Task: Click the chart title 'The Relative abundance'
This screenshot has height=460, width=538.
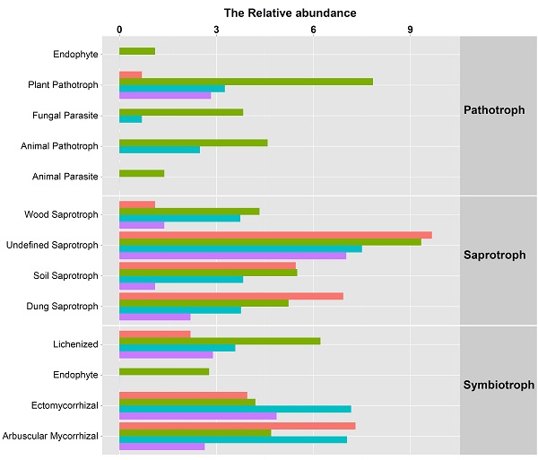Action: tap(290, 13)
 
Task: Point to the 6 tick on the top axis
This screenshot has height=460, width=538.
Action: tap(313, 29)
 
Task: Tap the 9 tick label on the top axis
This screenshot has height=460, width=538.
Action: tap(410, 29)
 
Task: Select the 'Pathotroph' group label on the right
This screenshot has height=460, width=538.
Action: tap(496, 110)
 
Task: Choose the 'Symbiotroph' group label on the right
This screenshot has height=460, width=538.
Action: tap(499, 386)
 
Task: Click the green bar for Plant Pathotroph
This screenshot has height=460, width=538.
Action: tap(246, 82)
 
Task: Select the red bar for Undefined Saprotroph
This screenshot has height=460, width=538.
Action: tap(275, 235)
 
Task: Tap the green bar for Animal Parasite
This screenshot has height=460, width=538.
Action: tap(142, 173)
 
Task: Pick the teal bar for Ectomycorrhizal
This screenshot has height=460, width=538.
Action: tap(235, 409)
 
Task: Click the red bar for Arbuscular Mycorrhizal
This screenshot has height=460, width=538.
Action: tap(237, 426)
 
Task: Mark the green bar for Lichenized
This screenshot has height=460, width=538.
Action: tap(220, 341)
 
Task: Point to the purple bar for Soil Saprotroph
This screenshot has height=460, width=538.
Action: tap(137, 286)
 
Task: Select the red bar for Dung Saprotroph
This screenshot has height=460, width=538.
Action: tap(230, 296)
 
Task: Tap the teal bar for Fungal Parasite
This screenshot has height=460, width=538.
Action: tap(130, 119)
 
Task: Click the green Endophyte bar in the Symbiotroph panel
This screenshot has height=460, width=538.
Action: tap(164, 371)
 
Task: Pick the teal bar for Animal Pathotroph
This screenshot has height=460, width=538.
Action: tap(160, 150)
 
